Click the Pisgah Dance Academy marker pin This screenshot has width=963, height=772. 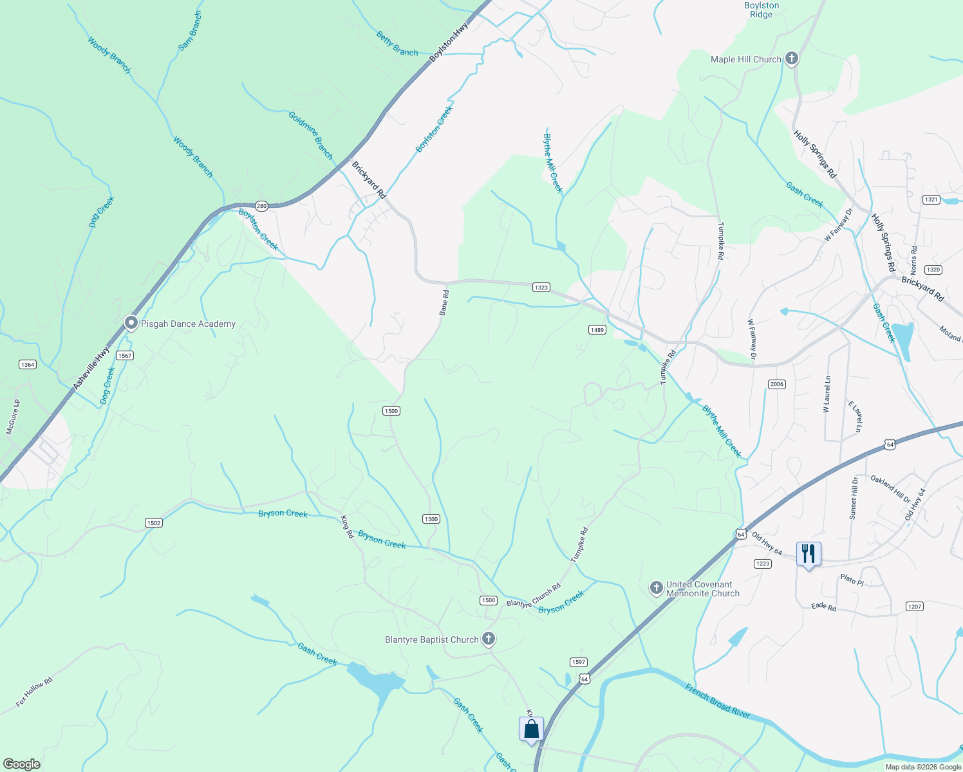(x=131, y=323)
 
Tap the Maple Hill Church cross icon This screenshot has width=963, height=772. (x=792, y=59)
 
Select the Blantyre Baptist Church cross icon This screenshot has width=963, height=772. (x=489, y=639)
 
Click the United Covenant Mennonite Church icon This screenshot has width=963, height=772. (x=656, y=588)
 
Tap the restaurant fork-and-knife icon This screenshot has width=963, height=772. (x=809, y=553)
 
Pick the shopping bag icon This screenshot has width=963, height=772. (x=531, y=729)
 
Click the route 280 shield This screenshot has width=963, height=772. (x=261, y=206)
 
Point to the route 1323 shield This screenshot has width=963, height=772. (x=541, y=287)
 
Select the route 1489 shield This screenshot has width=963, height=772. (x=597, y=329)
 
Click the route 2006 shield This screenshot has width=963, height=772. (x=776, y=384)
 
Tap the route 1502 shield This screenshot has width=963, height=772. (x=153, y=522)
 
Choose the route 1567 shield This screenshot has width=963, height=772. (x=124, y=355)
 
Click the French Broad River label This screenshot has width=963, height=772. (x=717, y=701)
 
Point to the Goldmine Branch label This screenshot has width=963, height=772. (x=311, y=135)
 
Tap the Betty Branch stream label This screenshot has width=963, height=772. (x=397, y=44)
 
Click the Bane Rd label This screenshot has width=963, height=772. (x=444, y=302)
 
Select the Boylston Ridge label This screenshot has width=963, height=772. (x=762, y=10)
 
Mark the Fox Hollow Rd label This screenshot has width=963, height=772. (x=34, y=692)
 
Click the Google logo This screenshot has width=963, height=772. (x=21, y=764)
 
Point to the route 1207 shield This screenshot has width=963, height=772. (x=914, y=606)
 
